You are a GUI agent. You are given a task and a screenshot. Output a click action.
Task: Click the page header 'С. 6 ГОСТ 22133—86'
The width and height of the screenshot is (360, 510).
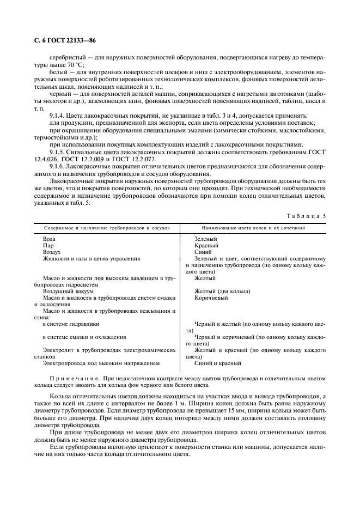[60, 39]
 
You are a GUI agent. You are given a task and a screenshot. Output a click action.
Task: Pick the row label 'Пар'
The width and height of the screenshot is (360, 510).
[48, 246]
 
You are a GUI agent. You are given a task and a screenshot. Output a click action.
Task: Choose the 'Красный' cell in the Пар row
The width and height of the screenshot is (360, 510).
[206, 246]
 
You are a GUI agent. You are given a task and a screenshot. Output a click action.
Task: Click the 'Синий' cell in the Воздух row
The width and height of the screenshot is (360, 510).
[203, 252]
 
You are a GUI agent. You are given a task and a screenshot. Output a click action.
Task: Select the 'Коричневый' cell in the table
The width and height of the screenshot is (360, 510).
[211, 298]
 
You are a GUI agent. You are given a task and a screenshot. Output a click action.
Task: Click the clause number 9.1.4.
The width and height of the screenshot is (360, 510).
[57, 117]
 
